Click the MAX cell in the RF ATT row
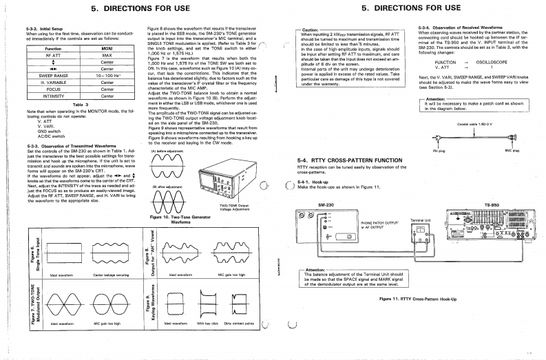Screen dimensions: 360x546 click(107, 56)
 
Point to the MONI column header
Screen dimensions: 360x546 click(107, 50)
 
